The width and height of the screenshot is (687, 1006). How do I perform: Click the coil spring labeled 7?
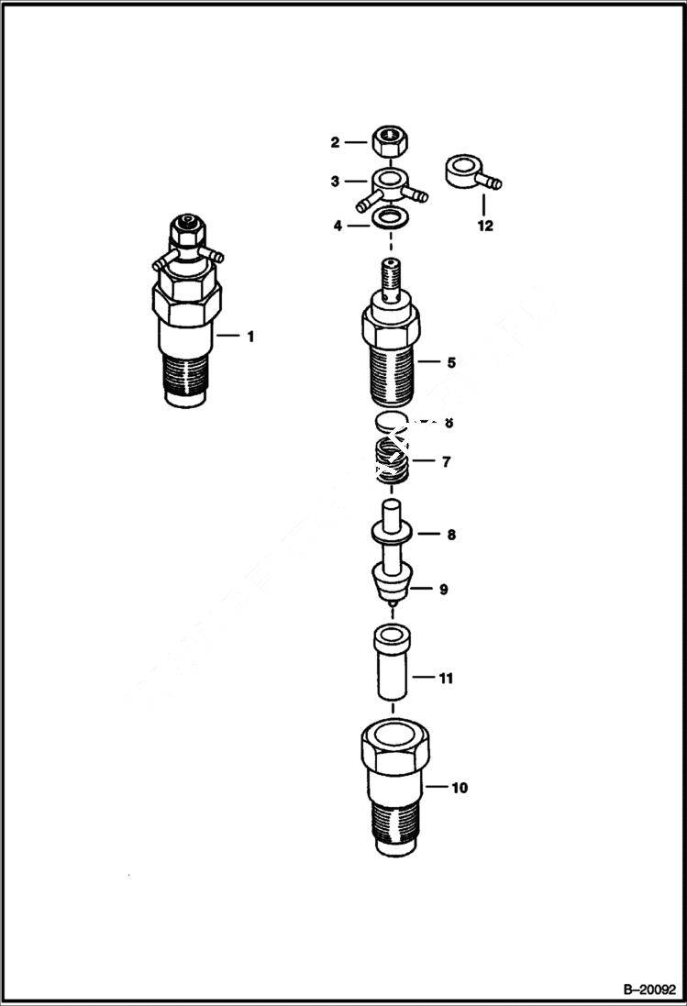(x=392, y=460)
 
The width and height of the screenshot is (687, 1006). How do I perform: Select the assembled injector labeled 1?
(x=187, y=312)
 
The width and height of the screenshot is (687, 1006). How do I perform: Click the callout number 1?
(x=249, y=337)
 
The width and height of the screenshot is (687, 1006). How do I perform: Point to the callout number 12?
(x=485, y=226)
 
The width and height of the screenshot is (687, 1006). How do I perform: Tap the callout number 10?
(x=460, y=787)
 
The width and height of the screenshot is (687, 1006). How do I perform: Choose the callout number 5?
(x=451, y=362)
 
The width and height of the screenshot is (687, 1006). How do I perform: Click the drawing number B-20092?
(x=649, y=989)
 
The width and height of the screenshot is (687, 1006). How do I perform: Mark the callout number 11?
(x=446, y=679)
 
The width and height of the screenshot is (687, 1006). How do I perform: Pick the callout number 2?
(x=336, y=142)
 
